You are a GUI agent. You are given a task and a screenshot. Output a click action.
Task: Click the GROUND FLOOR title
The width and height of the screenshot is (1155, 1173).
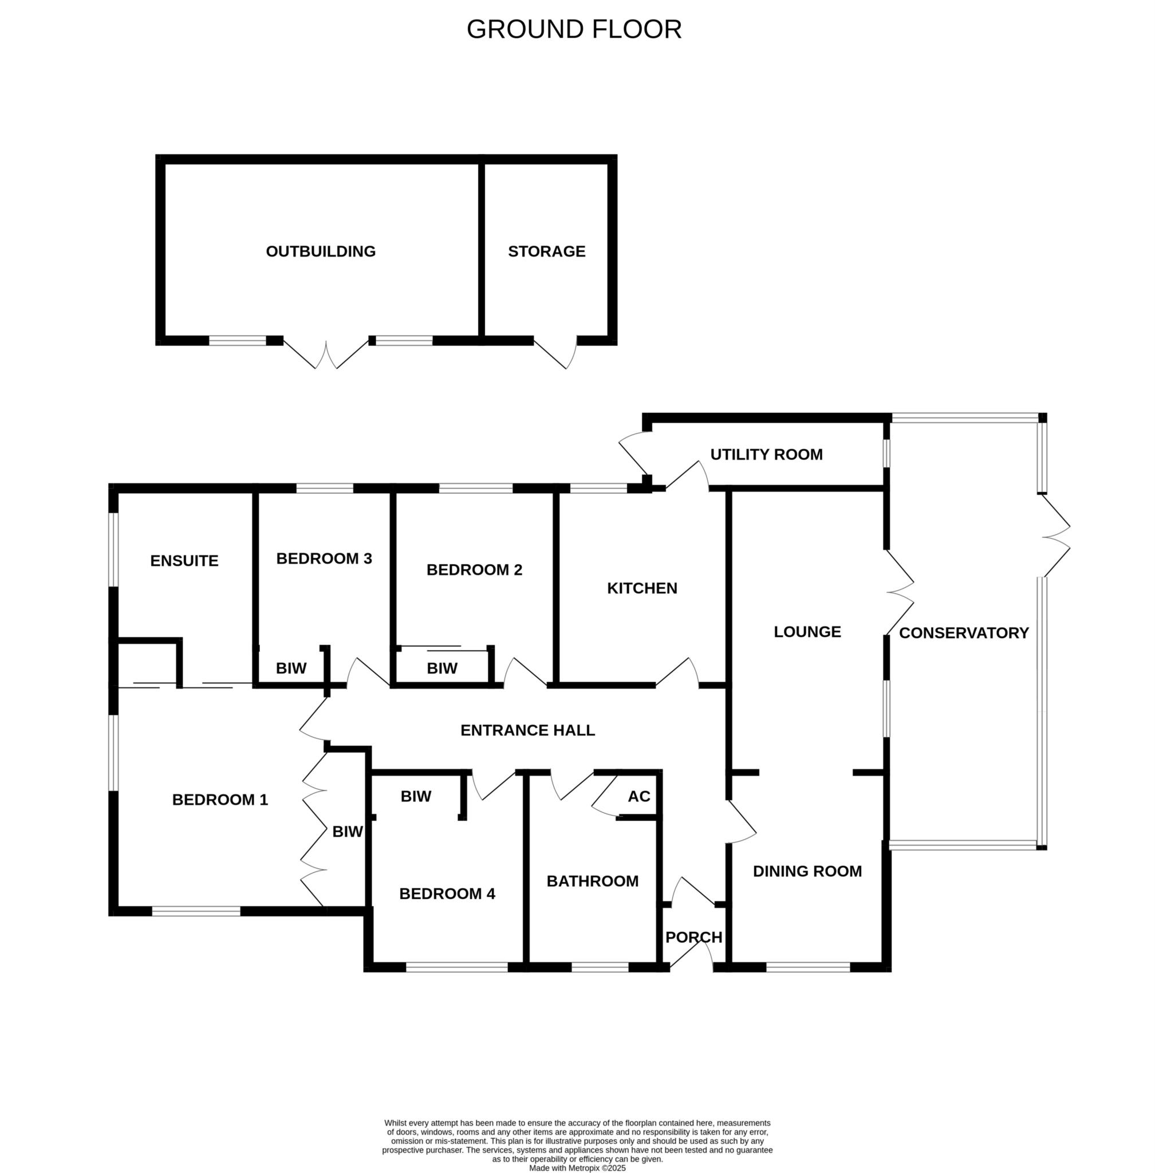(x=574, y=29)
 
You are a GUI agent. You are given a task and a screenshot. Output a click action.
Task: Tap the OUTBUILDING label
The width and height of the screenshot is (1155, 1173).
(x=321, y=251)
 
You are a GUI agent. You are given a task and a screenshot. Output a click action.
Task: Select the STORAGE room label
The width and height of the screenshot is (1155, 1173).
(x=546, y=251)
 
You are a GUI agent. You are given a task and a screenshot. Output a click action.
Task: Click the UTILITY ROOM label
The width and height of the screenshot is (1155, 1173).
(x=766, y=454)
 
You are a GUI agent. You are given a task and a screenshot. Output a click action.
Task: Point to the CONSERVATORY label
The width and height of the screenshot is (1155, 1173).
(x=964, y=633)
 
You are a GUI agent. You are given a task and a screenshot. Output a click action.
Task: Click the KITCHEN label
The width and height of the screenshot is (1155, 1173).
(x=642, y=588)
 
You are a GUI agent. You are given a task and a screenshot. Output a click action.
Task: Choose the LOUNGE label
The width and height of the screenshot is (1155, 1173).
(x=807, y=632)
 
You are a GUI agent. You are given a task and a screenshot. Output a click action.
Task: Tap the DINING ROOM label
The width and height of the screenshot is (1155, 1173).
(x=807, y=871)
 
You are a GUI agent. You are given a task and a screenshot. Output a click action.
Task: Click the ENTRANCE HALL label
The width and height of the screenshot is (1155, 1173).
(x=528, y=730)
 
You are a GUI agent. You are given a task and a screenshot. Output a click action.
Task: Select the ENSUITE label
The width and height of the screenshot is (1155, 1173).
(x=184, y=561)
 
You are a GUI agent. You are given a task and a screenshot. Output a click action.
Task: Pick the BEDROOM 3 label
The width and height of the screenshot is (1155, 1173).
(x=324, y=558)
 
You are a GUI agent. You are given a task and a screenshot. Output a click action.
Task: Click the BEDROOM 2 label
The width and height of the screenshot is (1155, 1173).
(x=474, y=570)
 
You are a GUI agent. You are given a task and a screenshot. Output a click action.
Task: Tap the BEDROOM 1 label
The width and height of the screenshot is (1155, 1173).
(x=220, y=800)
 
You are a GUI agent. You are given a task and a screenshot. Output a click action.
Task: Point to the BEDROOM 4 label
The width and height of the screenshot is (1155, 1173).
(x=447, y=893)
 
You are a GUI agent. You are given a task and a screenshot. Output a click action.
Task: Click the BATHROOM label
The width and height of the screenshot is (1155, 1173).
(x=593, y=881)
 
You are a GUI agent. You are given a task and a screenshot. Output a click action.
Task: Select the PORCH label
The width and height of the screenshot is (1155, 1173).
(x=694, y=938)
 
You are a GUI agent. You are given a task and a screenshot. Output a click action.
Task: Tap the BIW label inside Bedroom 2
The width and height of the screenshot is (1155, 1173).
(x=442, y=668)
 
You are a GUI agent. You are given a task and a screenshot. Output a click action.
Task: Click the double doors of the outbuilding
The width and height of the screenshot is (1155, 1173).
(x=326, y=355)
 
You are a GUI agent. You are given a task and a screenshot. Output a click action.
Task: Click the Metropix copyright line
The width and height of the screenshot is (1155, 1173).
(x=577, y=1167)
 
